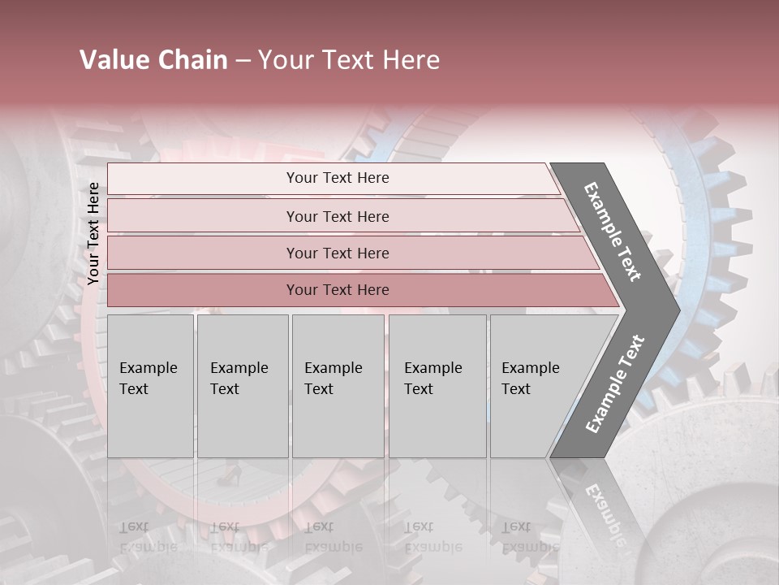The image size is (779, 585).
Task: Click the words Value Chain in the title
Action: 153,60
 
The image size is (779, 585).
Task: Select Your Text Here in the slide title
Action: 349,60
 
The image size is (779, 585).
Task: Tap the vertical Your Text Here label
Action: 93,233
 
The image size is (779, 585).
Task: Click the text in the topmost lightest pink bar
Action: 338,178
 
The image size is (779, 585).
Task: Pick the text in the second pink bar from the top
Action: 338,216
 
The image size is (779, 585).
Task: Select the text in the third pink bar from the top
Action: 338,253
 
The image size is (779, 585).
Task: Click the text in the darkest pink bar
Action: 338,290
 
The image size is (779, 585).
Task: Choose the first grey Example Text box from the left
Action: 150,385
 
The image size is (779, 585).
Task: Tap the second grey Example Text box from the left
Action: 242,385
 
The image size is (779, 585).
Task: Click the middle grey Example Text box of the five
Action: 338,385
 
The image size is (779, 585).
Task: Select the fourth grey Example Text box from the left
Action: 437,385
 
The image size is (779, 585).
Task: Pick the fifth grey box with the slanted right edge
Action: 536,385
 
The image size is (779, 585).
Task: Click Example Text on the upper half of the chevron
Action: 613,232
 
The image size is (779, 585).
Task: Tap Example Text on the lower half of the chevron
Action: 615,384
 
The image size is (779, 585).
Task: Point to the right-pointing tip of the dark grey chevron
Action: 678,309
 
